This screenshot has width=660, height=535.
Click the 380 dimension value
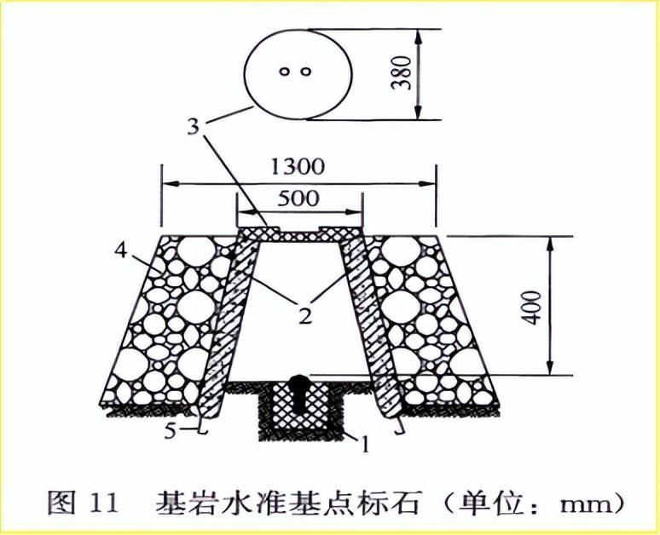point(401,72)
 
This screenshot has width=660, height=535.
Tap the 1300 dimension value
point(297,167)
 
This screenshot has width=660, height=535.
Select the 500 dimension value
point(298,198)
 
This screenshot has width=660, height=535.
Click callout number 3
point(194,126)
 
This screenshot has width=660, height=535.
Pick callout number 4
point(121,252)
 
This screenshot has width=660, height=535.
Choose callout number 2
point(305,315)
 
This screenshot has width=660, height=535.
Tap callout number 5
point(170,431)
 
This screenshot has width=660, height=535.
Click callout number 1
point(365,444)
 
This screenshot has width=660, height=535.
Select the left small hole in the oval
point(285,72)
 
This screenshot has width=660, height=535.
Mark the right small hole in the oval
point(306,72)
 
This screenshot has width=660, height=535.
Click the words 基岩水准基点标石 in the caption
point(288,502)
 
